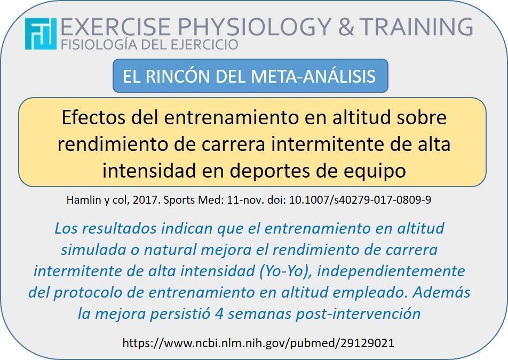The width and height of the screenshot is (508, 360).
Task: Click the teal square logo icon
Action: (41, 34)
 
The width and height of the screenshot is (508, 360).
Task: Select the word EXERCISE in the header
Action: (115, 26)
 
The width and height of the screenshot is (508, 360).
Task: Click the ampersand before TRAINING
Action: (346, 26)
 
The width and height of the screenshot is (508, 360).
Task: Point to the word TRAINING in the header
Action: (416, 26)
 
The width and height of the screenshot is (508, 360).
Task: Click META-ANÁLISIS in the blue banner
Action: (313, 76)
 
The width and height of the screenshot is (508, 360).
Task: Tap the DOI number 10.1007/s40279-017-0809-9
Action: (360, 200)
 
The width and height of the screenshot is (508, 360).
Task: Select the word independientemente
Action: (391, 271)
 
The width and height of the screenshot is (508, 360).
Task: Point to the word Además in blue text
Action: (441, 292)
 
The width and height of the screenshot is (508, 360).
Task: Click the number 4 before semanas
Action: (219, 314)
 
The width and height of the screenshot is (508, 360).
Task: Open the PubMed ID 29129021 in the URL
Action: (367, 343)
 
